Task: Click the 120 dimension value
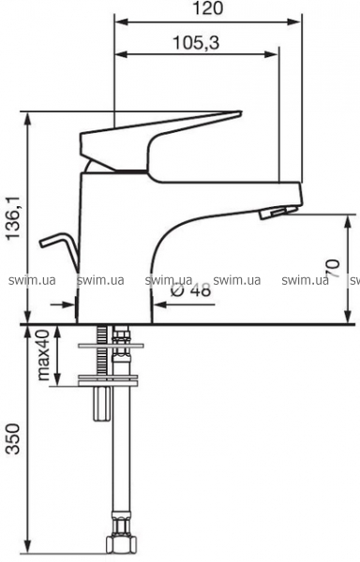[x=207, y=8]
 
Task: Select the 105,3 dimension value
[x=196, y=43]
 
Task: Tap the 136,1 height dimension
[x=14, y=218]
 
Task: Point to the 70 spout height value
[x=333, y=268]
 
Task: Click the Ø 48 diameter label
[x=190, y=290]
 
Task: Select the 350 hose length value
[x=14, y=438]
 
